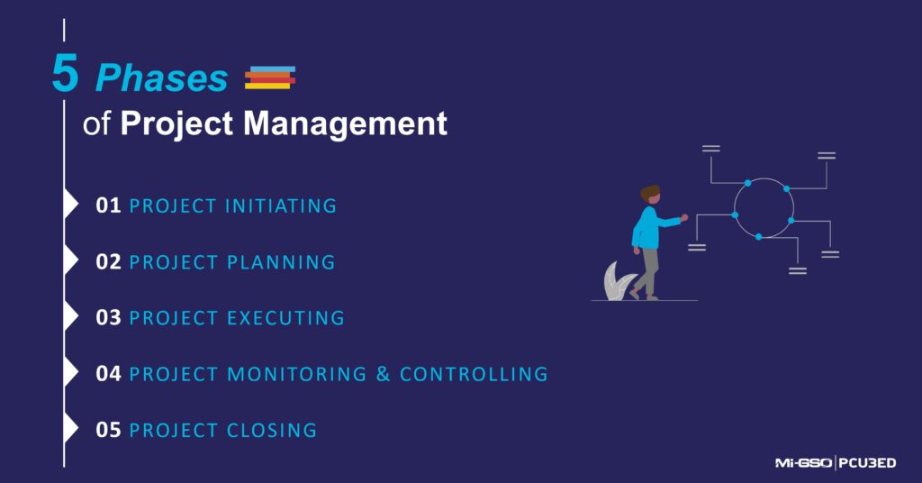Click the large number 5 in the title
coord(65,76)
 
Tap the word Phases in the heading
coord(162,79)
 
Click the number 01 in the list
coord(108,205)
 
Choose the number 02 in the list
coord(108,262)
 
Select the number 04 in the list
coord(108,374)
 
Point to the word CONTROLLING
coord(474,374)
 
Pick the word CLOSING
coord(268,431)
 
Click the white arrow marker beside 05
coord(71,429)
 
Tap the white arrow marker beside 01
coord(71,205)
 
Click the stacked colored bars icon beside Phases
coord(270,78)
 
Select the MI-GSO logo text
coord(804,463)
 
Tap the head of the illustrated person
coord(650,195)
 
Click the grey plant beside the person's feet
coord(617,282)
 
